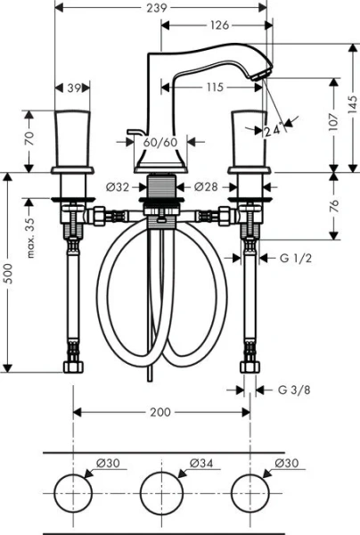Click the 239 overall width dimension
click(160, 7)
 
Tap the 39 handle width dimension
click(76, 88)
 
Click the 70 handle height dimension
click(29, 137)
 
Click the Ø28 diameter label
click(206, 187)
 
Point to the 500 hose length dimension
click(8, 271)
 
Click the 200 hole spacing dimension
click(160, 412)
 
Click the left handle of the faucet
click(74, 139)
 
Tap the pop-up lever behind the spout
click(134, 132)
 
